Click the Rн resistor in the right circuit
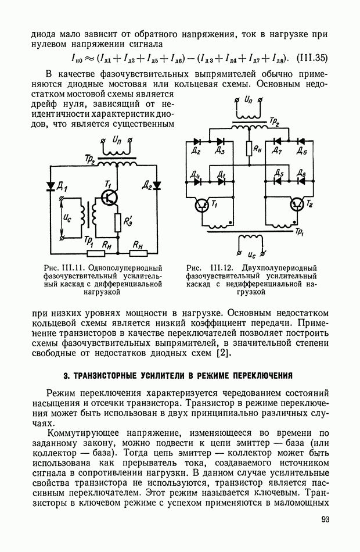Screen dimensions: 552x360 248,149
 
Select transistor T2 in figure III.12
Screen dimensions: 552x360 297,205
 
